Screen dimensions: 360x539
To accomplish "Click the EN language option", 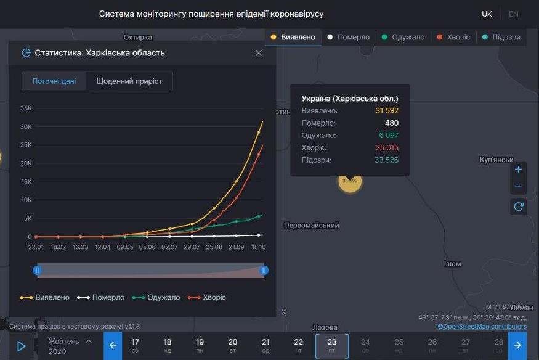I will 513,14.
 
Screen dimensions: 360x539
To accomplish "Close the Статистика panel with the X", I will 259,53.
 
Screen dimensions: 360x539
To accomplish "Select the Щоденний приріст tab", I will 129,81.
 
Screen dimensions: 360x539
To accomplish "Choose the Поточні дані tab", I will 54,81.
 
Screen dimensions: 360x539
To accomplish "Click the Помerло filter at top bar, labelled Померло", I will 349,37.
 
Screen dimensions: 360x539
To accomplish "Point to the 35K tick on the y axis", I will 26,108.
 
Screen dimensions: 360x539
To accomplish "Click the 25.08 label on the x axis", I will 214,247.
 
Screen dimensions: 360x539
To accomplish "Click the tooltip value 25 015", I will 386,148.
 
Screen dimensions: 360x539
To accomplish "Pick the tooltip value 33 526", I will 386,160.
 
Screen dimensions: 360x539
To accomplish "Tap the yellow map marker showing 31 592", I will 350,181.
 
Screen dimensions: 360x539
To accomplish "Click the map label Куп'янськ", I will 496,160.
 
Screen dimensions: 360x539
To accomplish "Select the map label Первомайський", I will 311,226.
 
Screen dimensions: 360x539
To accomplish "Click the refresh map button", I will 519,207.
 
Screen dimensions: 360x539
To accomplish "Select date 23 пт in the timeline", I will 332,346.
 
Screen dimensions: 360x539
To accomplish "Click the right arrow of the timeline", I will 517,346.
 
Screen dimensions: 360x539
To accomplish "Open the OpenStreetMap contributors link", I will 482,326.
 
